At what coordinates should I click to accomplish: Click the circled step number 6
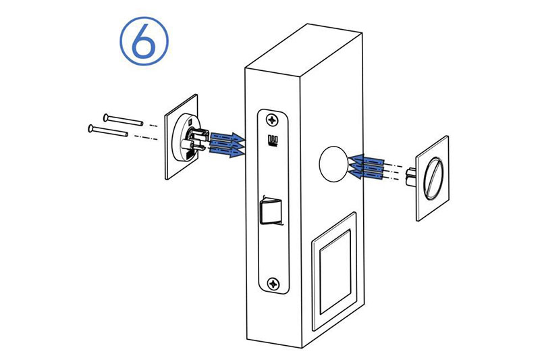(x=144, y=41)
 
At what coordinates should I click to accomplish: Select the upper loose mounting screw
(x=123, y=120)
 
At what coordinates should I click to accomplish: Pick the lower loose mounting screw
(x=108, y=130)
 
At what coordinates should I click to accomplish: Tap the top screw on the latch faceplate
(x=273, y=120)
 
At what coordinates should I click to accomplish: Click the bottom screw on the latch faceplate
(x=274, y=284)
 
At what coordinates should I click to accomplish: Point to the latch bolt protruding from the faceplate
(x=271, y=211)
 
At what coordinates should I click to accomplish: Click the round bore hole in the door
(x=333, y=164)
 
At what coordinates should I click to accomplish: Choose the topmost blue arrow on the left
(x=227, y=136)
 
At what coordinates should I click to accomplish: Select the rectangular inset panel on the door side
(x=334, y=272)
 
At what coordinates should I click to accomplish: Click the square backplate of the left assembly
(x=182, y=136)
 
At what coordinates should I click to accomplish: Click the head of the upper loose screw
(x=106, y=118)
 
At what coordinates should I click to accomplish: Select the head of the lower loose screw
(x=91, y=128)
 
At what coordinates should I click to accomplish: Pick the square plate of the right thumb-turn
(x=433, y=178)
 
